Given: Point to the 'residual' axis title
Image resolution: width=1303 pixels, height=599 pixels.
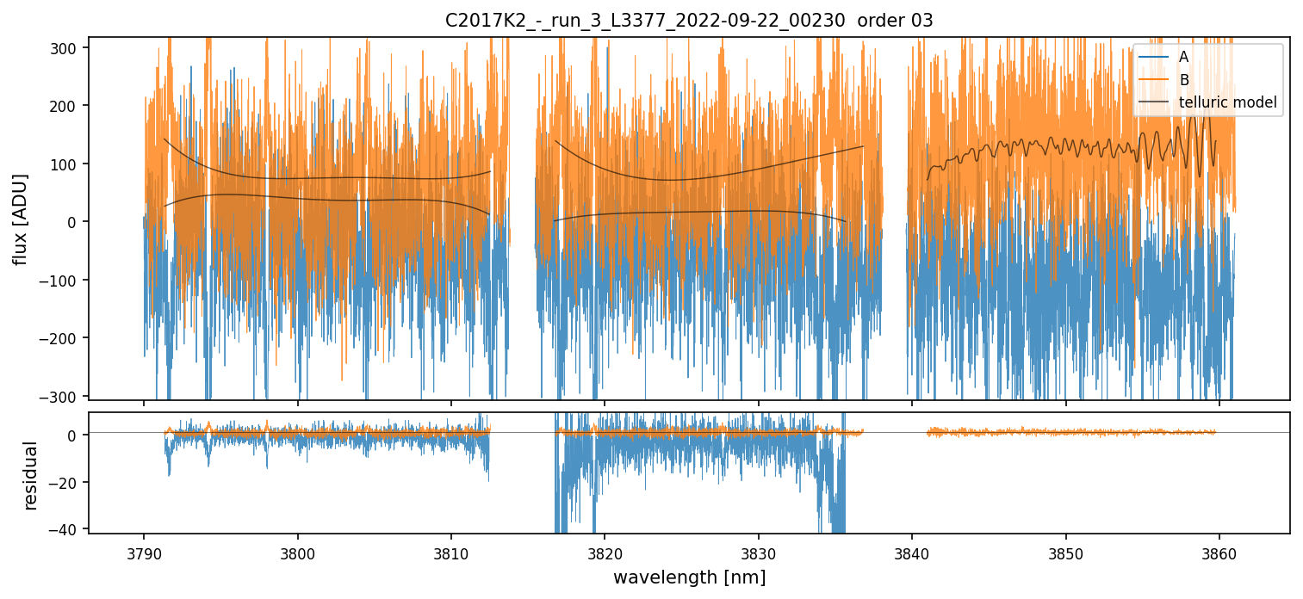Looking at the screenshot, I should (x=31, y=475).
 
